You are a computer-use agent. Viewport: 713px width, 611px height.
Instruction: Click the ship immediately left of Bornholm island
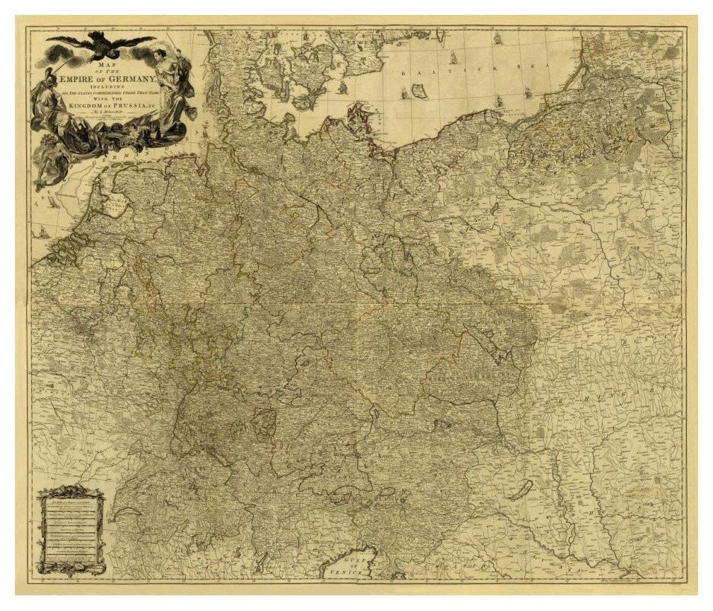pyautogui.click(x=405, y=92)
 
